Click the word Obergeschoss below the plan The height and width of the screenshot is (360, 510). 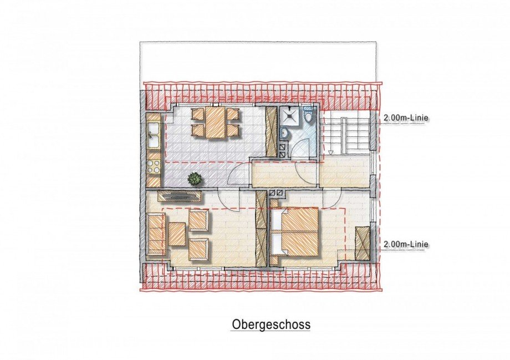click(x=271, y=324)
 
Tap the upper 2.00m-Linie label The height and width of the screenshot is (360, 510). click(x=406, y=118)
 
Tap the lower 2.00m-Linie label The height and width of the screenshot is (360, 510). click(x=406, y=244)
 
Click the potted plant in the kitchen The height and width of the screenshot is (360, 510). click(x=195, y=179)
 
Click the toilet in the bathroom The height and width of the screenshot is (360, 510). click(x=309, y=118)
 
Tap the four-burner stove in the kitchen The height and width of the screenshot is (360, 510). click(x=154, y=167)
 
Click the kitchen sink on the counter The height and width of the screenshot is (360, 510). click(x=154, y=135)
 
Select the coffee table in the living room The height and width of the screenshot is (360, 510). click(x=177, y=235)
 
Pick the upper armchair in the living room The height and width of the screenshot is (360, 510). click(x=198, y=220)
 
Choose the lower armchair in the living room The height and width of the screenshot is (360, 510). click(x=198, y=249)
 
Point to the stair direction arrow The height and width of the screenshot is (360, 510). click(x=330, y=151)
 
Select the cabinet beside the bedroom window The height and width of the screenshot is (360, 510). click(x=363, y=243)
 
